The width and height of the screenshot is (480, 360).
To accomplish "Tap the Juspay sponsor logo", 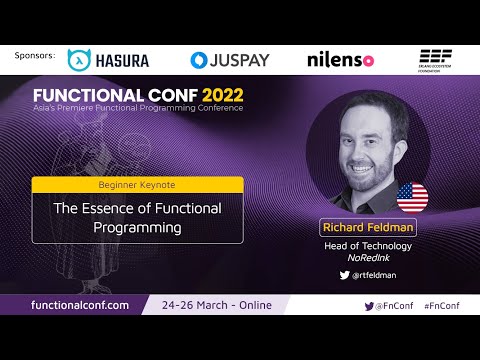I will coord(230,60).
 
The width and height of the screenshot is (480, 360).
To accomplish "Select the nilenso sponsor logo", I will coord(340,60).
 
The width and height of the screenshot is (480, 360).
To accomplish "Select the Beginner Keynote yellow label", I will coord(137,184).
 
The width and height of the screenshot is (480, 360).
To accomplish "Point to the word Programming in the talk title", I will coord(138,227).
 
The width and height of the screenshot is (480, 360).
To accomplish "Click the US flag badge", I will coord(412,197).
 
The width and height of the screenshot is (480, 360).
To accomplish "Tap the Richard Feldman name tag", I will coord(368,226).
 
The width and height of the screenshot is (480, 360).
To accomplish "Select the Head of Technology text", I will coord(368,245).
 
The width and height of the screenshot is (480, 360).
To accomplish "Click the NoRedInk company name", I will coord(368,258).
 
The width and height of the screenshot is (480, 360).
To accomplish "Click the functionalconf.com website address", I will coord(80,305).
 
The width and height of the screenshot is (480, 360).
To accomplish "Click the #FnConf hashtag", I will coord(441,305).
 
